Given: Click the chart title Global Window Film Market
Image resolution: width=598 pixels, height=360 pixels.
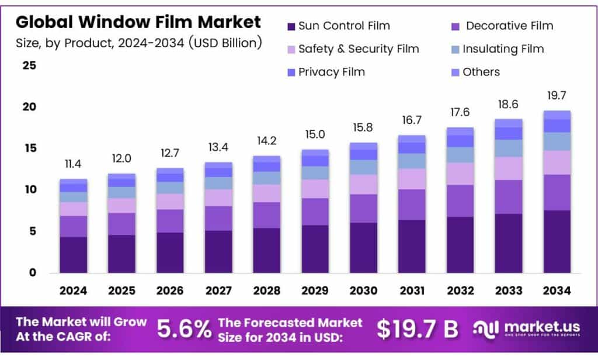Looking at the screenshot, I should click(x=138, y=22).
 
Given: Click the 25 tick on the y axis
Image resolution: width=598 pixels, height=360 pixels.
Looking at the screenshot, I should click(x=29, y=65).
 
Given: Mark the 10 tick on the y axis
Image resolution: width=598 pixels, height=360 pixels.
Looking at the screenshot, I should click(x=29, y=190).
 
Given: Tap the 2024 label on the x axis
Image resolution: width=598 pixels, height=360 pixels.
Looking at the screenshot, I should click(x=74, y=290).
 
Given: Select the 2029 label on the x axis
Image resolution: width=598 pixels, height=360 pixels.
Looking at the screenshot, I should click(x=315, y=290).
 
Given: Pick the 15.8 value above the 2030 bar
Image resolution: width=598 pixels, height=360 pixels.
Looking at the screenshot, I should click(x=363, y=127).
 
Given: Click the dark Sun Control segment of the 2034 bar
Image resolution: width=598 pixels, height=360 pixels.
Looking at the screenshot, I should click(x=557, y=241).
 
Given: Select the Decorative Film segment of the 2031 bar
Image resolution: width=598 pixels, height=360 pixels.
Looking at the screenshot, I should click(x=412, y=205).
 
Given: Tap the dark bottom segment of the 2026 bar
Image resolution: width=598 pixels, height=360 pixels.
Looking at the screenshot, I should click(x=170, y=252).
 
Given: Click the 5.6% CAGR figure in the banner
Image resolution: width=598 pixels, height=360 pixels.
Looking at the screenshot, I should click(x=184, y=330).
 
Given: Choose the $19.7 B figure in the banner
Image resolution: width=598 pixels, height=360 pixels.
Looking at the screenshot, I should click(x=417, y=330).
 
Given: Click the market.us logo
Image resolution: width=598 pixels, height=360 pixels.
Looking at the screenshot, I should click(x=526, y=330).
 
